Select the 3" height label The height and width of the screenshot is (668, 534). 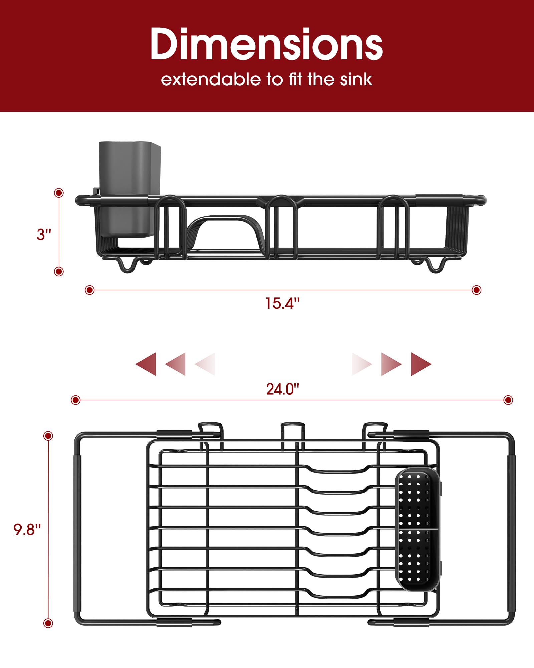point(44,234)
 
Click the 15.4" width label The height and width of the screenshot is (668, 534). point(282,303)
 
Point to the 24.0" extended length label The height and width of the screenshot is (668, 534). point(282,389)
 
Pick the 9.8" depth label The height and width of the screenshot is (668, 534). point(27,529)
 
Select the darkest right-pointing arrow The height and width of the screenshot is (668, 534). point(421,364)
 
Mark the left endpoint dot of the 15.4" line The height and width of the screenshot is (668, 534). point(89,290)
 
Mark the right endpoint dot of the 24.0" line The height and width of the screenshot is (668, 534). point(508,400)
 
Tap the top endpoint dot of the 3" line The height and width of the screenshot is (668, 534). point(59,193)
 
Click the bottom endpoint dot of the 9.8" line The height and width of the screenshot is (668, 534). point(48,623)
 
